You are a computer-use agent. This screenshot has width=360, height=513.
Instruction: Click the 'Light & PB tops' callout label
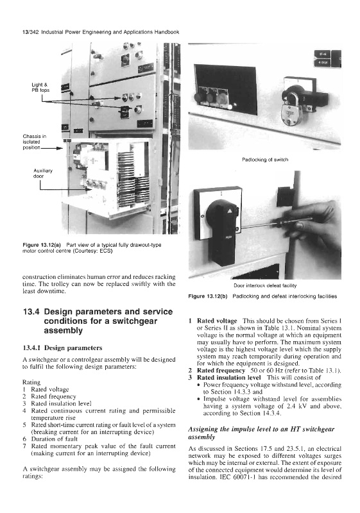40,87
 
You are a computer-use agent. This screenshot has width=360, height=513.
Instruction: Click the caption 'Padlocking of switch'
265,160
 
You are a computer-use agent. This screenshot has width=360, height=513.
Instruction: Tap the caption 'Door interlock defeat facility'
265,285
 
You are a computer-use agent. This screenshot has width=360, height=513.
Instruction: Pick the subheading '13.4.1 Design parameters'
62,348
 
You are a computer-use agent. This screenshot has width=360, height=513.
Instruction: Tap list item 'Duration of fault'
55,439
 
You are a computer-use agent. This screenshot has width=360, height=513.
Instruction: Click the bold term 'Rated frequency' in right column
221,371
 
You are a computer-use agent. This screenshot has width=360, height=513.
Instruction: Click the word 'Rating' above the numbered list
31,382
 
